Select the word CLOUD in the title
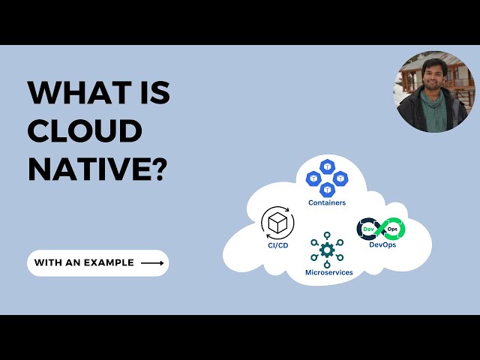[85, 130]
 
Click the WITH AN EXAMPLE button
[98, 263]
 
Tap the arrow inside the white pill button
[152, 263]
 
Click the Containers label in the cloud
[326, 202]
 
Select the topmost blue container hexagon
[326, 166]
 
